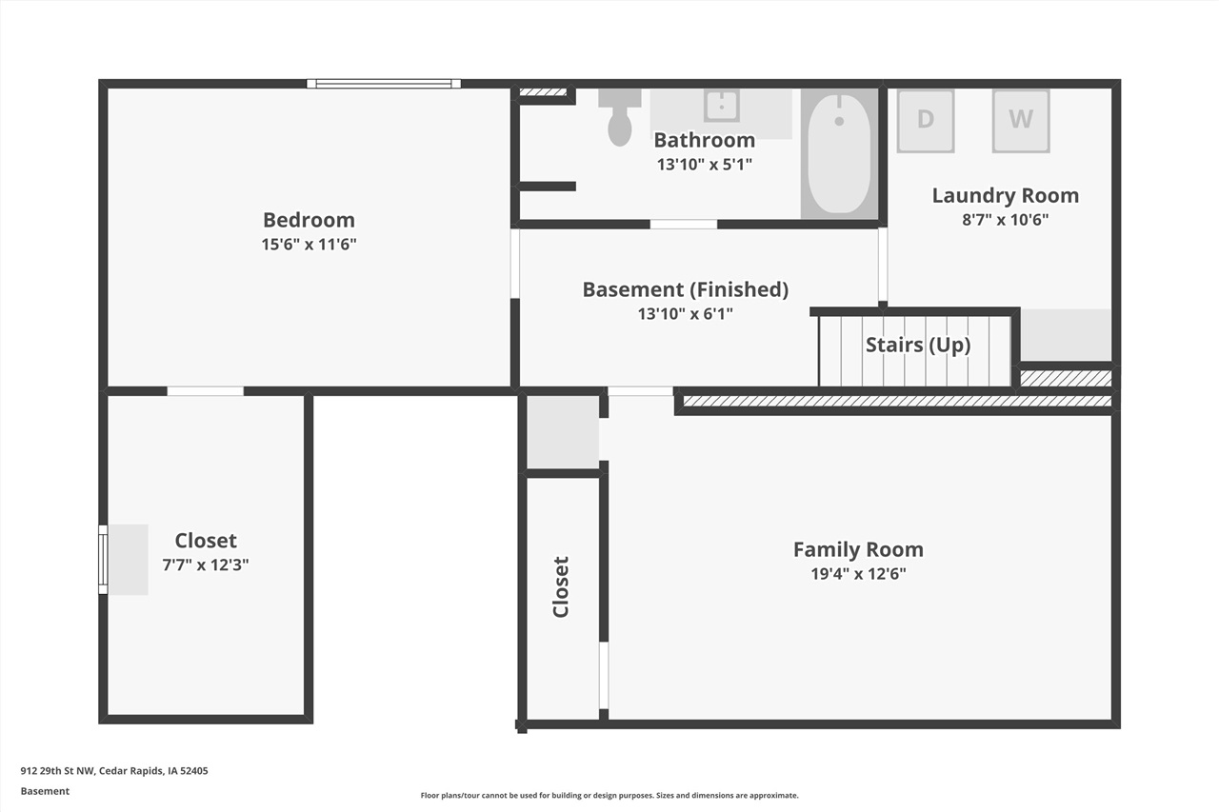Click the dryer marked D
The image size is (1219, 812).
925,120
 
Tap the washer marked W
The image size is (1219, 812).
1020,120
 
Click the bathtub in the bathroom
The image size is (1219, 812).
838,153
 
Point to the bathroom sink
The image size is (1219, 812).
722,106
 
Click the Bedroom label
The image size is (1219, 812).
309,220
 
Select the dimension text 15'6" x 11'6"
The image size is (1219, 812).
309,244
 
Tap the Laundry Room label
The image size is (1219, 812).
1005,195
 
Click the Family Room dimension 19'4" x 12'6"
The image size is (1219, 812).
857,573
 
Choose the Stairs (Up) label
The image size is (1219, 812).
917,345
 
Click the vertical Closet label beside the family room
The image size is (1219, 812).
561,586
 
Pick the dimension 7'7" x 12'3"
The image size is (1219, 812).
206,564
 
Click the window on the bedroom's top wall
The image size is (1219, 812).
384,84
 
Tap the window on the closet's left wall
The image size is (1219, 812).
103,559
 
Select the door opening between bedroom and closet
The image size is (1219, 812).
205,390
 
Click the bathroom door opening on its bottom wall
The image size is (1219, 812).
683,224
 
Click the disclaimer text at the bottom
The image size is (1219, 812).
609,795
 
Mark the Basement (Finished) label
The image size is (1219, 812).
685,289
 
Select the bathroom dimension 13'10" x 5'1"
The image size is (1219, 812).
704,164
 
